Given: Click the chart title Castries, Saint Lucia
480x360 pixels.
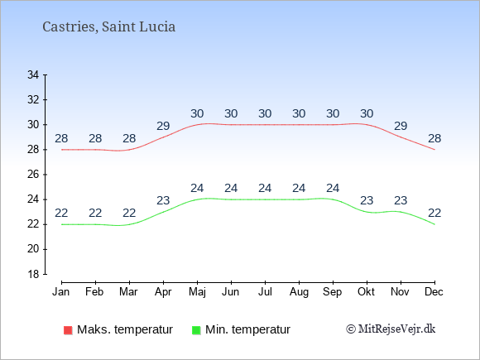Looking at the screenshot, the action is [x=109, y=27].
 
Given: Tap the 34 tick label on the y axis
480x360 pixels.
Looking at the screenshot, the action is [x=33, y=74].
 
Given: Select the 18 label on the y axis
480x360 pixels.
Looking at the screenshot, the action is [x=33, y=274].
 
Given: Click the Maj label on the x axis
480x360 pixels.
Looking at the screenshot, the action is [x=197, y=292].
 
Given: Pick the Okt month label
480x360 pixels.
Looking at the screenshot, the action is [x=367, y=292].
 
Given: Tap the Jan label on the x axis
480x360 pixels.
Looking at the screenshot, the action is [x=61, y=292].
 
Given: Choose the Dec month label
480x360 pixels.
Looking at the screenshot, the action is [x=434, y=292].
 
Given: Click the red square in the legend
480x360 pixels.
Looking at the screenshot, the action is [x=68, y=330].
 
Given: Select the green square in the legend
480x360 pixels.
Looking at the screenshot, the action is [x=196, y=330].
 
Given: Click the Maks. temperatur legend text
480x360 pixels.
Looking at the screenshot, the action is [x=125, y=329].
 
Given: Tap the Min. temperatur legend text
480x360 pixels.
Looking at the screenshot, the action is [x=247, y=329].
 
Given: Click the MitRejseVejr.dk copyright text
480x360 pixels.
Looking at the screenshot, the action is [x=391, y=329].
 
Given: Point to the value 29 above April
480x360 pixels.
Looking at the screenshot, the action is [x=163, y=126].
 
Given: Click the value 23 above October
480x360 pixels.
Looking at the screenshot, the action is [x=367, y=200].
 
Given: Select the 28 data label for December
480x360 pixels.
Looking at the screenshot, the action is [x=434, y=138].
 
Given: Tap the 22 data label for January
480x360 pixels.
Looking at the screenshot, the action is [x=61, y=213].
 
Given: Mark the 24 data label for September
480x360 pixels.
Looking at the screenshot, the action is [x=333, y=188].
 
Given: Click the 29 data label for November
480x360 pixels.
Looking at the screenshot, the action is [x=401, y=126].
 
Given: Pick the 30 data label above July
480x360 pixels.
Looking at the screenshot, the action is [x=265, y=113].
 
